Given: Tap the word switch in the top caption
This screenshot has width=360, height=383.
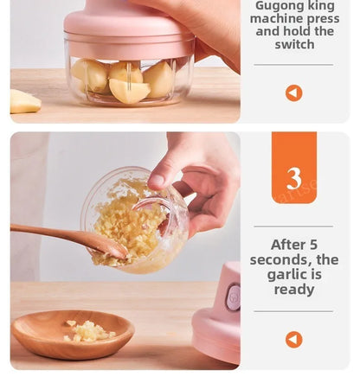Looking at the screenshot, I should tap(294, 44).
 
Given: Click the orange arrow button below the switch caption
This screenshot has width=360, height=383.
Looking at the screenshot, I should tap(294, 93).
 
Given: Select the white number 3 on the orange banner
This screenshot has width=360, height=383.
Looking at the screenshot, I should tap(294, 178).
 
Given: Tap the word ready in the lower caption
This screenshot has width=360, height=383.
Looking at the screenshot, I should tap(294, 290).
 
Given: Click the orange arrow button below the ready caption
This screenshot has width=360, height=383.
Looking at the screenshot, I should tap(294, 339).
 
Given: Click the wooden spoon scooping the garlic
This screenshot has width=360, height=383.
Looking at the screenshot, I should tap(61, 235).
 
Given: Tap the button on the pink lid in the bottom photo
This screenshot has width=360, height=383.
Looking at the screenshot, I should tap(233, 297).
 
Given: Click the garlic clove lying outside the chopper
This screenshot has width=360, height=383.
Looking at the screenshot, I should tap(24, 101).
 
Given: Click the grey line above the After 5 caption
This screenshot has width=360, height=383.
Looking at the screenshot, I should tap(294, 227).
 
